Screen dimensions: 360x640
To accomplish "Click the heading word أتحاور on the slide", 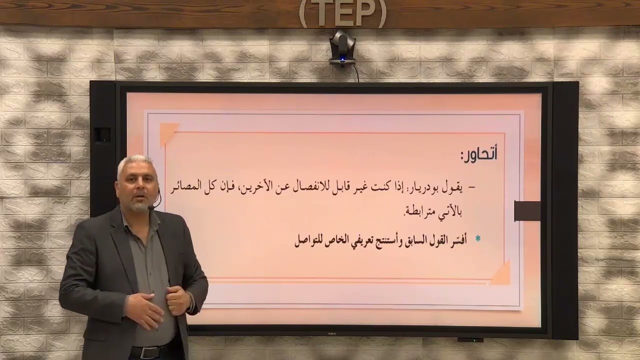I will coord(479,154).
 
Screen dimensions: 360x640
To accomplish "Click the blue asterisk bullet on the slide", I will coord(477,239).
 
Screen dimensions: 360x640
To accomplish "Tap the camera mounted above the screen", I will coord(342,48).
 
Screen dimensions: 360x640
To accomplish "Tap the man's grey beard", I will coord(140,204).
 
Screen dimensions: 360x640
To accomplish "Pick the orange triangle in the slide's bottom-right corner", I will coord(501,274).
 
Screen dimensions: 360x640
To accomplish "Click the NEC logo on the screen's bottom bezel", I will coord(331,333).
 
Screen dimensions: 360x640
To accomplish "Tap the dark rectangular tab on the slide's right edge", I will coord(527,210).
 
